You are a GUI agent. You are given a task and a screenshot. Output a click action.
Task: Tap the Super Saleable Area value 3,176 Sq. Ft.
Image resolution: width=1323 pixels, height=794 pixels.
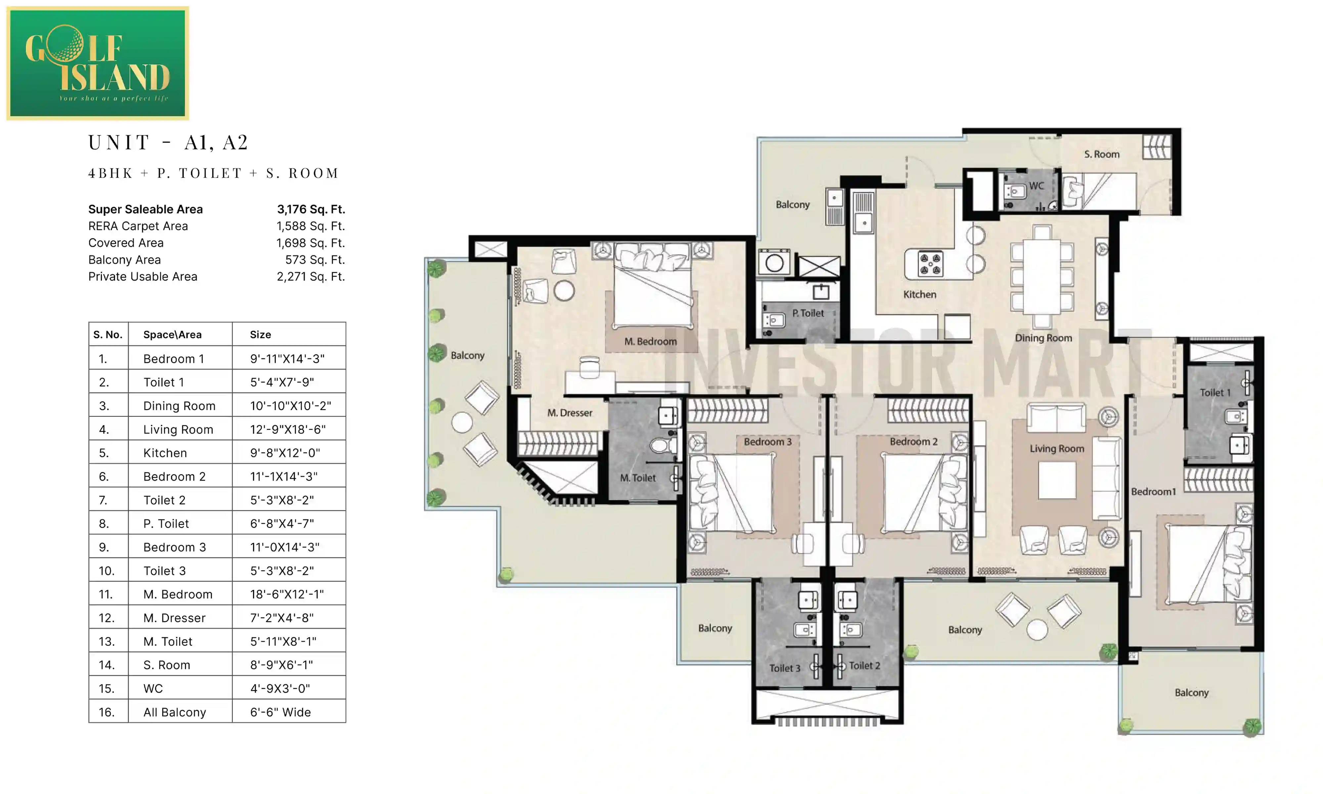pyautogui.click(x=311, y=209)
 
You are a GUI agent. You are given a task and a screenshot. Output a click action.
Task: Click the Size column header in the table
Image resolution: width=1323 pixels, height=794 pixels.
pyautogui.click(x=260, y=334)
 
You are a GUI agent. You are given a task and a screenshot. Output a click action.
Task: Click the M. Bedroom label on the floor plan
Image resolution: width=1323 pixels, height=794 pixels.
pyautogui.click(x=650, y=341)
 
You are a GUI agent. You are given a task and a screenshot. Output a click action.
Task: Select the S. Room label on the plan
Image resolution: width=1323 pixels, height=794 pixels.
pyautogui.click(x=1102, y=154)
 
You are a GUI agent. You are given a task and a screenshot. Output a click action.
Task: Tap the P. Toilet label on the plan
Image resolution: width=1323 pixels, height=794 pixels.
pyautogui.click(x=808, y=313)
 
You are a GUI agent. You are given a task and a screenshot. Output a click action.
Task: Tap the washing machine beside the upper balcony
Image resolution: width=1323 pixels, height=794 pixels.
pyautogui.click(x=774, y=262)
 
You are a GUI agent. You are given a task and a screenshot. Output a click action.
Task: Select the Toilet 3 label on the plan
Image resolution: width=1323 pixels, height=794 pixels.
pyautogui.click(x=785, y=668)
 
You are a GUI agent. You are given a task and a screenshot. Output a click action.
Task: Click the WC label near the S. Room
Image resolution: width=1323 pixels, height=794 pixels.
pyautogui.click(x=1036, y=186)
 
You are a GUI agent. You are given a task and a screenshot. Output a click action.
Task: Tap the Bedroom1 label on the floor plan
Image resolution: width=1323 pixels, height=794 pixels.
pyautogui.click(x=1153, y=492)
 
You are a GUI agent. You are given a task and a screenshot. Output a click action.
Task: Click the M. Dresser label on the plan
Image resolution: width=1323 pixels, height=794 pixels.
pyautogui.click(x=570, y=413)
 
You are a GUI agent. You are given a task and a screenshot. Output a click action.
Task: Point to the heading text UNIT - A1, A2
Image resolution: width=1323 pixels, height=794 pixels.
pyautogui.click(x=168, y=142)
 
